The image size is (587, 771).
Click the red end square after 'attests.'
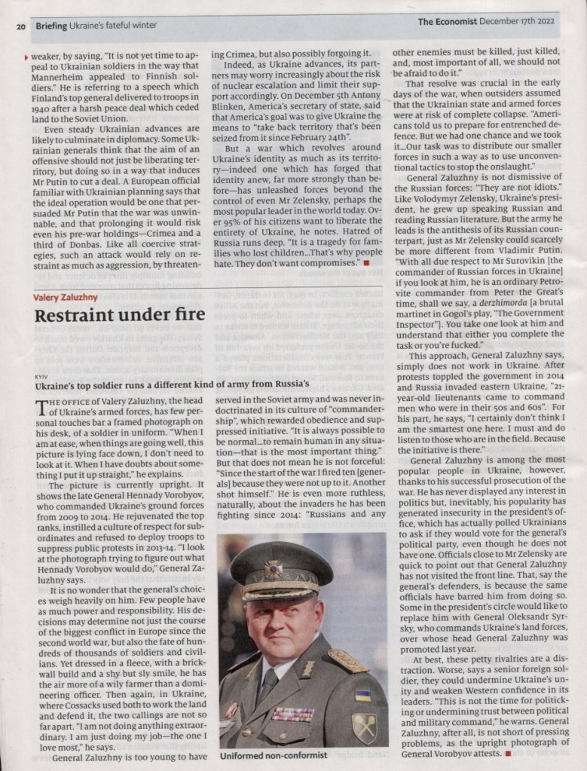pyautogui.click(x=509, y=753)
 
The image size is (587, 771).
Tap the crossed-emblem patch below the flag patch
pyautogui.click(x=364, y=727)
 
